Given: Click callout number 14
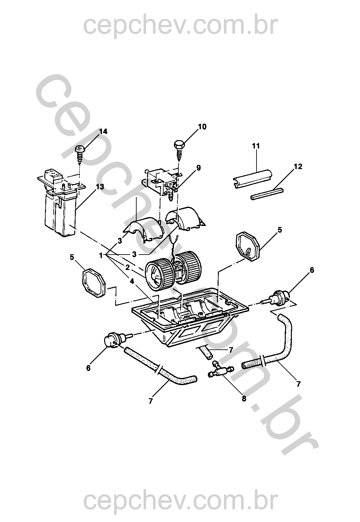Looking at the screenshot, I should [103, 131].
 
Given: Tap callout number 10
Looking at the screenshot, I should [202, 127].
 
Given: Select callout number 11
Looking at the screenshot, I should [256, 146].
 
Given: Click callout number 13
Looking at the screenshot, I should [100, 187].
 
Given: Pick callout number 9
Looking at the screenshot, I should [198, 168].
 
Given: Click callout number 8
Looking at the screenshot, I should [244, 398].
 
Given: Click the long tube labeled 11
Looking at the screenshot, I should [253, 179].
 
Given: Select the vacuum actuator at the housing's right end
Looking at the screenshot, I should [277, 297].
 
